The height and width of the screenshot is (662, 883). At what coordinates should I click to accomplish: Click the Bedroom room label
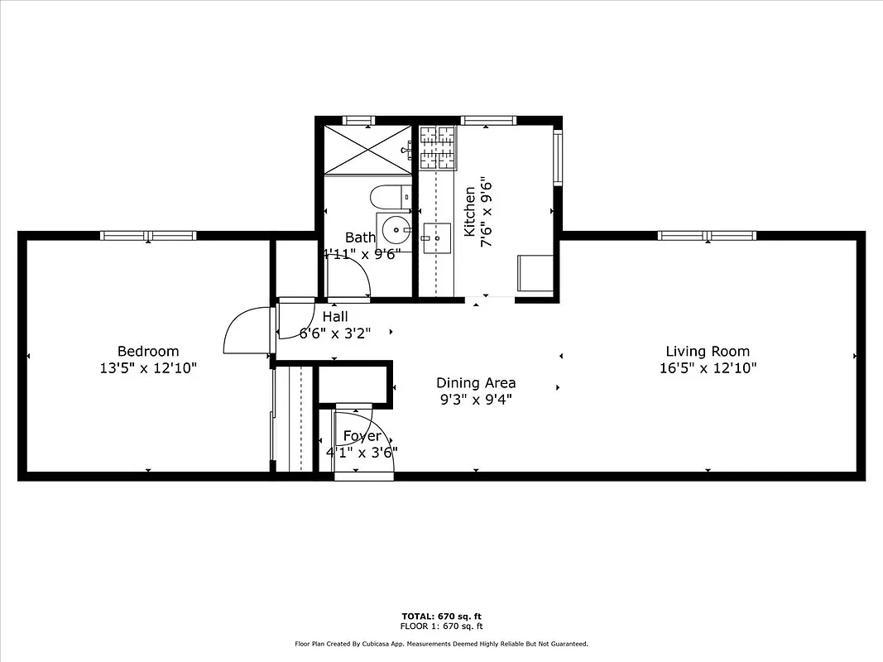pos(147,351)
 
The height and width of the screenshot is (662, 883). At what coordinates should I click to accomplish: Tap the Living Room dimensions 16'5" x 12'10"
pos(708,368)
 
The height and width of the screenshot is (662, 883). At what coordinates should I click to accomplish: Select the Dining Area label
pos(476,382)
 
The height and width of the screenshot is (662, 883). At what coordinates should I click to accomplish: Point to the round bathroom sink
pos(397,229)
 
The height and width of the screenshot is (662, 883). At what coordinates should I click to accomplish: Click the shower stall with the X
pos(367,150)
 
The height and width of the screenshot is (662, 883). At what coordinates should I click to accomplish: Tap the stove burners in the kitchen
pos(438,146)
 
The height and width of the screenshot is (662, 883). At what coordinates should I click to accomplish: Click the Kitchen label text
pos(470,212)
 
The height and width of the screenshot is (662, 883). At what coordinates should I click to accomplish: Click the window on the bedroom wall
pos(148,236)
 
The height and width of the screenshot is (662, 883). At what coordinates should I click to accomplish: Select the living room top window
pos(708,236)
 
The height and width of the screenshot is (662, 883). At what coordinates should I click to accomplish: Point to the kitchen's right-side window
pos(558,156)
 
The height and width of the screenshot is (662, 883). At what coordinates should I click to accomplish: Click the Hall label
pos(335,316)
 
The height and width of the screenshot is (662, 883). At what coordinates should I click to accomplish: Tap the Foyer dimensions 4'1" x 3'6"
pos(362,453)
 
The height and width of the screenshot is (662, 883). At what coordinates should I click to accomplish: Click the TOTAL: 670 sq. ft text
pos(441,616)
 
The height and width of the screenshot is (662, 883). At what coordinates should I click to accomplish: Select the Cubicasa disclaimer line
pos(441,643)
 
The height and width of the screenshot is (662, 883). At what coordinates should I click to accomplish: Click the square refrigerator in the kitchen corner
pos(535,273)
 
